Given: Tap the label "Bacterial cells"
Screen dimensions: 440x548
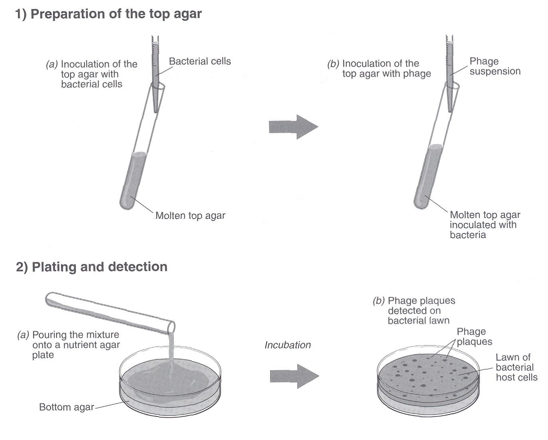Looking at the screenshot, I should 200,61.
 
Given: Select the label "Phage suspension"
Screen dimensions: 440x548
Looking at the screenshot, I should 495,66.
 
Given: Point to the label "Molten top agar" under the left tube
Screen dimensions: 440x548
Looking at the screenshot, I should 190,215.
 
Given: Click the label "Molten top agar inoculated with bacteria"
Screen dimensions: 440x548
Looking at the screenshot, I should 485,225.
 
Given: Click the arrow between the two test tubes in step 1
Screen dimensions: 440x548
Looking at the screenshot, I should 293,127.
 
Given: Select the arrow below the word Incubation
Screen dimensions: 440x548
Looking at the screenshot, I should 294,376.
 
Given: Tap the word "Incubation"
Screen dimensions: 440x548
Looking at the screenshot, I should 287,345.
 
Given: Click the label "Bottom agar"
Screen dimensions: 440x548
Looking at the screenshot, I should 66,407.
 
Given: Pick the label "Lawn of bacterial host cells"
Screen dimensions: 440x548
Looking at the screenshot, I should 516,367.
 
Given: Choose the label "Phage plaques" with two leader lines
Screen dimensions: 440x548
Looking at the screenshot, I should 474,337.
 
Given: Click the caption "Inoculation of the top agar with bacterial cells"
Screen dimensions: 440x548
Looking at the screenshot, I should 92,74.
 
